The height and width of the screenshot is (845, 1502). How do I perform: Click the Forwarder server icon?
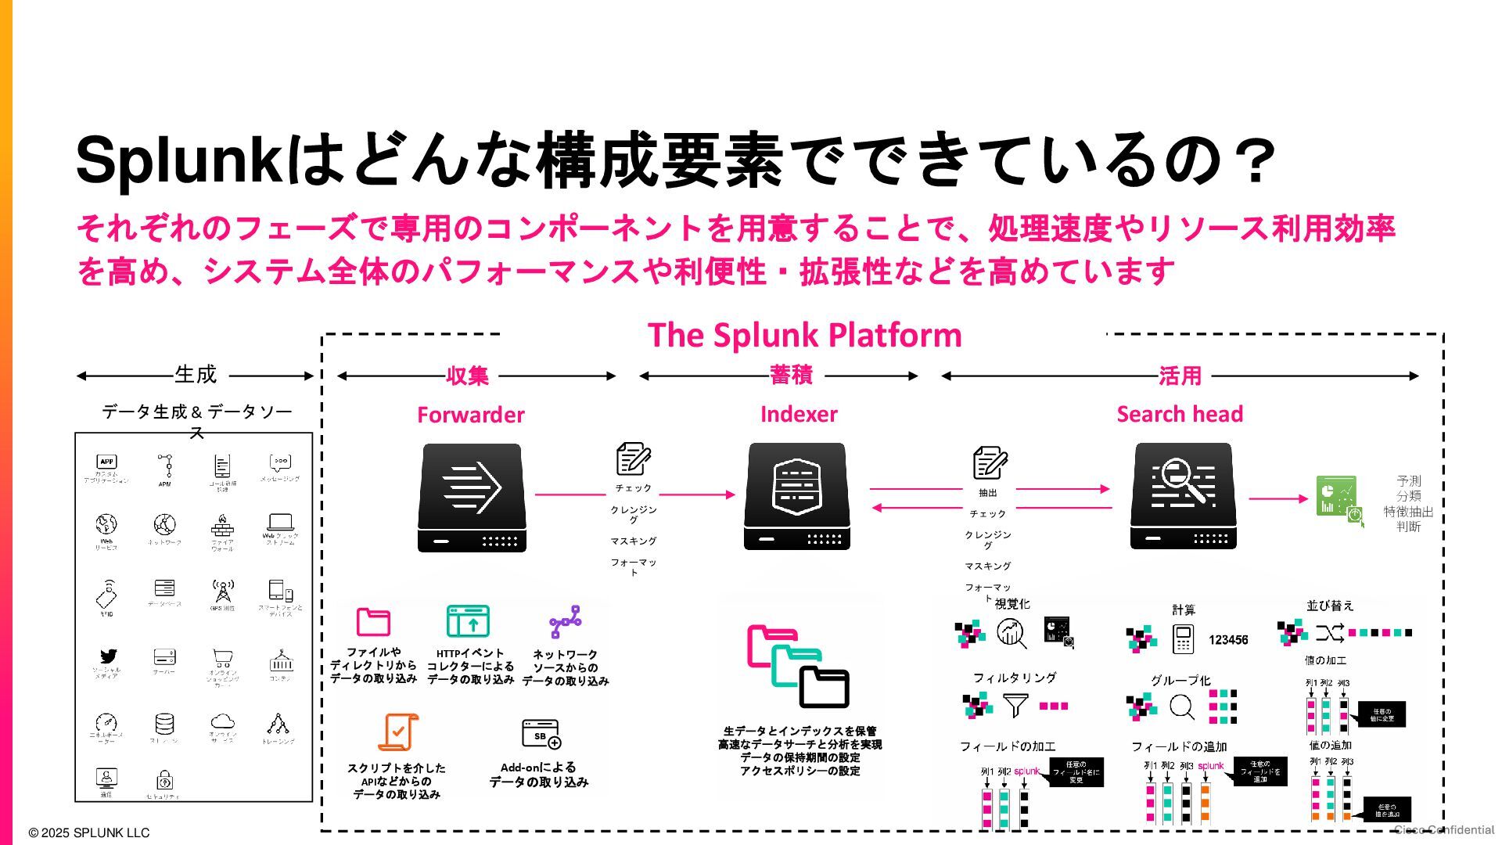click(x=472, y=498)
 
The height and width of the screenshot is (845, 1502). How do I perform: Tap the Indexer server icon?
click(x=796, y=496)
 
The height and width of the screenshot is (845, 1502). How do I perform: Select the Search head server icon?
click(x=1183, y=495)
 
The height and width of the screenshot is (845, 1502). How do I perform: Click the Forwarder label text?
click(x=470, y=415)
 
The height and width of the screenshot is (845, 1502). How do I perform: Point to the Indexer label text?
click(x=799, y=414)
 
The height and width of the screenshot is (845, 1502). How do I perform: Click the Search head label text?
click(x=1180, y=414)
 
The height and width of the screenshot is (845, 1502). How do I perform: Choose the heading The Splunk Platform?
click(x=804, y=335)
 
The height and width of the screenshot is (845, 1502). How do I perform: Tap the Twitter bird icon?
click(x=108, y=656)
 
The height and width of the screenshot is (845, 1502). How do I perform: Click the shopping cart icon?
click(x=222, y=658)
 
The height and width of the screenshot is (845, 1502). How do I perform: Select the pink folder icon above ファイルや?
click(x=373, y=622)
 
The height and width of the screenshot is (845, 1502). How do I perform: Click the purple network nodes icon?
click(x=566, y=622)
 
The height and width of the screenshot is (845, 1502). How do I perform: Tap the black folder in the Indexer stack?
click(x=824, y=687)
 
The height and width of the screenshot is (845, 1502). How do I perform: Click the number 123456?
click(x=1228, y=640)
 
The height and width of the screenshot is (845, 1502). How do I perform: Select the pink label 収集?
click(x=467, y=376)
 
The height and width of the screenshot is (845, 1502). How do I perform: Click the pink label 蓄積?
click(x=791, y=376)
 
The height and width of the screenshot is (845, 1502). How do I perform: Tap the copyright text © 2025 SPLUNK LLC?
click(x=88, y=832)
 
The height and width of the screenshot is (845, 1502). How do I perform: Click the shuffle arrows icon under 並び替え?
click(x=1329, y=632)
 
